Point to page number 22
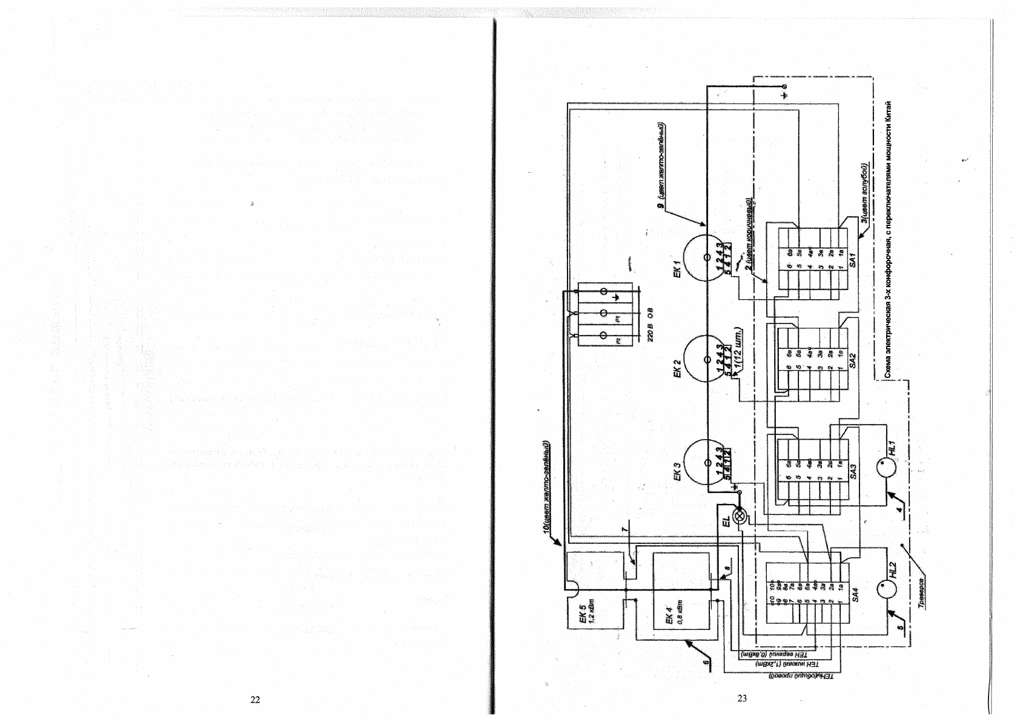point(255,700)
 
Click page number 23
point(742,698)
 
